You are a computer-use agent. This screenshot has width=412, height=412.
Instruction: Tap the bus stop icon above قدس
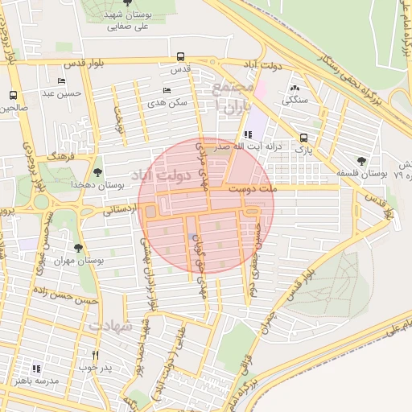point(180,58)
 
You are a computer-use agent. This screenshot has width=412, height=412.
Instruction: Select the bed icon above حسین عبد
point(62,81)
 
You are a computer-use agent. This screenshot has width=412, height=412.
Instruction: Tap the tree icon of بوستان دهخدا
point(97,171)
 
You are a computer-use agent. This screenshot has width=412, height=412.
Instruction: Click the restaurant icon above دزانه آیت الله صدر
point(245,135)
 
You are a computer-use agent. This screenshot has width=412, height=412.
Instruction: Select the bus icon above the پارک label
point(303,138)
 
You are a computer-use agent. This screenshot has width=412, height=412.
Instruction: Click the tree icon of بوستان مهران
point(77,248)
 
